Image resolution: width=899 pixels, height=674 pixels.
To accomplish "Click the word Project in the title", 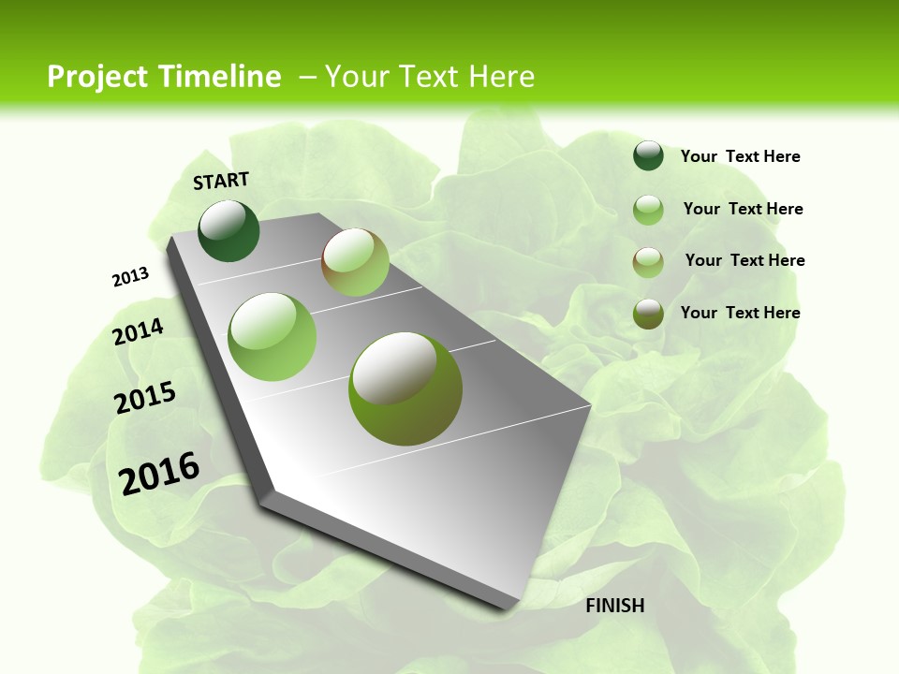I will coord(97,77).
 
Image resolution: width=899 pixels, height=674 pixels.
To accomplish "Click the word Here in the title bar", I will coord(501,77).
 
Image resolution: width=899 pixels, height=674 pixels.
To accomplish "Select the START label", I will coord(221,180).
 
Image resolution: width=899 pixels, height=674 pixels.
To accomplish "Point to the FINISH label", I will coord(615,606).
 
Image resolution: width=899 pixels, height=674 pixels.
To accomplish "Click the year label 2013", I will coord(130,277).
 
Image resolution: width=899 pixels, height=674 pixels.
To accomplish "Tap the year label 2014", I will coord(139,331).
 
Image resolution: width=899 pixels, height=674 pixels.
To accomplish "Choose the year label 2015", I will coord(145,398).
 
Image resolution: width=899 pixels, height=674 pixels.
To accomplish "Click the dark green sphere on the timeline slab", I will coord(229,230).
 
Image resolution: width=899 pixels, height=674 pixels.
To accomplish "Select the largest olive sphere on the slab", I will coord(405,388).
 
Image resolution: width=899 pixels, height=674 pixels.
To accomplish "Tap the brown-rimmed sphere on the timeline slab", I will coord(355,262).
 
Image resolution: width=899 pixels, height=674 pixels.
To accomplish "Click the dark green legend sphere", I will coord(648,155).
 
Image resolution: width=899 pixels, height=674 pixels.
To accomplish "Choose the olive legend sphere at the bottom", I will coord(648,314).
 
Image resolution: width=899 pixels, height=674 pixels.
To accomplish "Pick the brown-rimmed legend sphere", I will coord(648,262).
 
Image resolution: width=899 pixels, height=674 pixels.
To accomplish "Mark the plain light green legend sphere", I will coord(648,210).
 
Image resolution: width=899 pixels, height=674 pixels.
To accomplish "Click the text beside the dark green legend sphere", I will coord(740,156).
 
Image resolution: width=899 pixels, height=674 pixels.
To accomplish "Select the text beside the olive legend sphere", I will coord(740,313).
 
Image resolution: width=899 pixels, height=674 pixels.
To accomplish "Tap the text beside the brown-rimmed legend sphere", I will coord(744,260).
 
